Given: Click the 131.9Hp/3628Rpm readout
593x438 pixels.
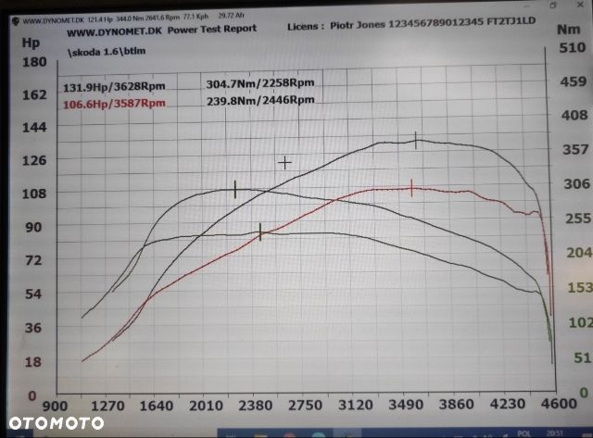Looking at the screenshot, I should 114,88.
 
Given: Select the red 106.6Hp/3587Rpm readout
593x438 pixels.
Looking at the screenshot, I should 114,104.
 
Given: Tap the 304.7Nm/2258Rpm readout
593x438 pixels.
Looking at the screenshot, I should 259,84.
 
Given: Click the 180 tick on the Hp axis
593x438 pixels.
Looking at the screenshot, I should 34,62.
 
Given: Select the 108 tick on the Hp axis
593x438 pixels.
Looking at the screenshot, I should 34,194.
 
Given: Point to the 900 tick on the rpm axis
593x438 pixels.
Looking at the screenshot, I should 57,405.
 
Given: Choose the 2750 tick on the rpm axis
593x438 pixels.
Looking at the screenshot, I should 305,405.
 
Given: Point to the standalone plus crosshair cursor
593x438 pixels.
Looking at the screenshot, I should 285,163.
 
